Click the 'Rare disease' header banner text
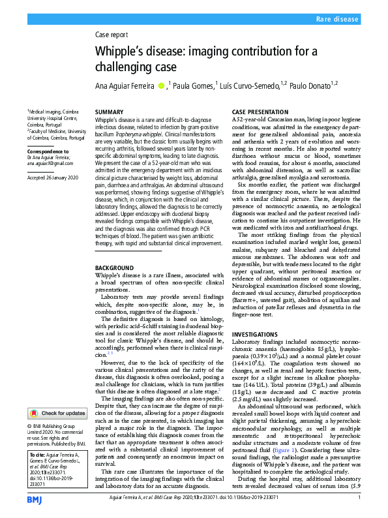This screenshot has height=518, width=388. [x=338, y=20]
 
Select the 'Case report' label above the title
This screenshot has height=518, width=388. [x=112, y=36]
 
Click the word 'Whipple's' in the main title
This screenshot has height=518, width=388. [x=121, y=52]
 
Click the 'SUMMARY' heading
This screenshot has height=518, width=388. [x=109, y=112]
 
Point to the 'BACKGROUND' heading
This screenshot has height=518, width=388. [x=114, y=268]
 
